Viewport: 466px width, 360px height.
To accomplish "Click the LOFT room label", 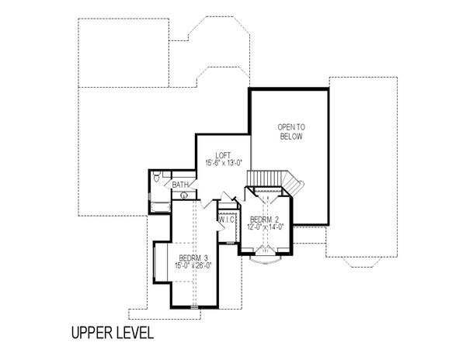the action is pyautogui.click(x=223, y=155).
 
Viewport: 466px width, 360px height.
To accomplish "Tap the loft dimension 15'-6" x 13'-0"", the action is pyautogui.click(x=224, y=163).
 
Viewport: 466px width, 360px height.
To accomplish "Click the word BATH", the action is pyautogui.click(x=180, y=185).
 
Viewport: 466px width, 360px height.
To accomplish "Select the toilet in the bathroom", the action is pyautogui.click(x=156, y=176).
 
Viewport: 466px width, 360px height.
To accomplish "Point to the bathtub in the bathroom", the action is pyautogui.click(x=160, y=207).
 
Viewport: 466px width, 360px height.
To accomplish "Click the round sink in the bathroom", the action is pyautogui.click(x=184, y=196).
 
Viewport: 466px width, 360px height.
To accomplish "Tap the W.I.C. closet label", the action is pyautogui.click(x=228, y=220).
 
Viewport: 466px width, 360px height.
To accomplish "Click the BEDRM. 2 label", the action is pyautogui.click(x=265, y=220).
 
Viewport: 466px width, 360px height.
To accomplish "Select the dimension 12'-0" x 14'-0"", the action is pyautogui.click(x=266, y=227).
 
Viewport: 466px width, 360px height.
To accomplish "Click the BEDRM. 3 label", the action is pyautogui.click(x=193, y=258).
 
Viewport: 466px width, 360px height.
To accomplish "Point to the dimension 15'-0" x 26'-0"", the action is pyautogui.click(x=193, y=265).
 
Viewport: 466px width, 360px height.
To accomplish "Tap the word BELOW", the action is pyautogui.click(x=291, y=137).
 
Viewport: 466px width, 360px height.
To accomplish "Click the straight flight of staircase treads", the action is pyautogui.click(x=265, y=178).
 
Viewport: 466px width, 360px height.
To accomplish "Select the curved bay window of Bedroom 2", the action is pyautogui.click(x=266, y=260).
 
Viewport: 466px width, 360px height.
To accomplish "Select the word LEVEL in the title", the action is pyautogui.click(x=135, y=333).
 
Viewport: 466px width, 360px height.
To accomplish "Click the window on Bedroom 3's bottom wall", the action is pyautogui.click(x=194, y=306).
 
